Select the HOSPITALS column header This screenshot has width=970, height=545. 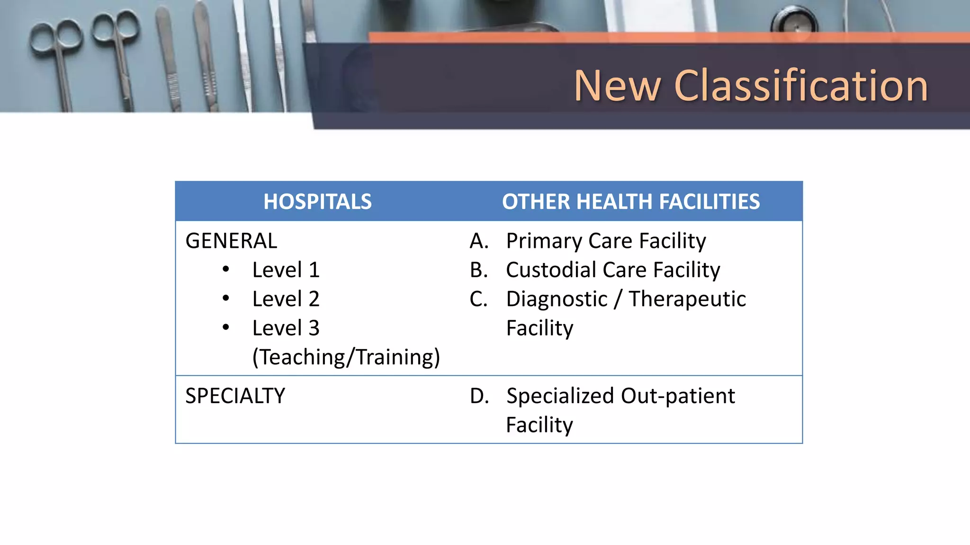coord(317,202)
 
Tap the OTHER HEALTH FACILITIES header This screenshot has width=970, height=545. coord(631,202)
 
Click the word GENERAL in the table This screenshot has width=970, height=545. coord(231,241)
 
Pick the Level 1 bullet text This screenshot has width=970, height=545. coord(286,270)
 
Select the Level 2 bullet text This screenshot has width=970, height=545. coord(286,299)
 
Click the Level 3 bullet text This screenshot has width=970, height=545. coord(286,328)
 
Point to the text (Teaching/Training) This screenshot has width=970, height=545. coord(346,357)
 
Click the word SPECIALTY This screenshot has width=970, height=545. coord(235,396)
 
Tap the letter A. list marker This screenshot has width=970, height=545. coord(479,241)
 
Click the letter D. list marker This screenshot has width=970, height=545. coord(479,396)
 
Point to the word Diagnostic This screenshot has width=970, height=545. coord(557,299)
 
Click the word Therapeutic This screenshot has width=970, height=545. coord(687,299)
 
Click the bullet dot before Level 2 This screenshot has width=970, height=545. coord(226,299)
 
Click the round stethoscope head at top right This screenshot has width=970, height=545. coord(794,21)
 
